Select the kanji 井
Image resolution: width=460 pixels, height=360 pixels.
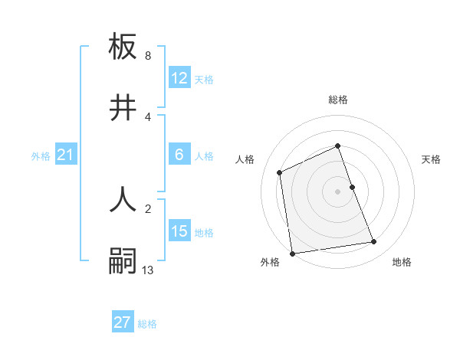click(x=123, y=108)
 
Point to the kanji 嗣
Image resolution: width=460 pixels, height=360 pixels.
click(x=123, y=260)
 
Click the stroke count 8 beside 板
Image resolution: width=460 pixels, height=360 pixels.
click(x=148, y=56)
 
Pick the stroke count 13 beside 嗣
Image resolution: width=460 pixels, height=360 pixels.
click(x=148, y=269)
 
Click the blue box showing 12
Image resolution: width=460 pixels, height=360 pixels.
click(x=179, y=78)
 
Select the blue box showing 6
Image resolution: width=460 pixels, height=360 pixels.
click(x=179, y=155)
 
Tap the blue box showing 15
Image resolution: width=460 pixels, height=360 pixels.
click(x=179, y=231)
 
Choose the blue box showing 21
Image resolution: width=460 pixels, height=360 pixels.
click(x=65, y=155)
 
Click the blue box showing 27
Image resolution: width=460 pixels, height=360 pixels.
click(x=123, y=322)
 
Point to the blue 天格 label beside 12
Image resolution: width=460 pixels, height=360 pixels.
click(x=204, y=79)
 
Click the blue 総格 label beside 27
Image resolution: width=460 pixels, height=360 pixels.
click(x=147, y=323)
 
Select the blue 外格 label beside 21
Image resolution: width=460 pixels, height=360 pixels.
click(x=41, y=156)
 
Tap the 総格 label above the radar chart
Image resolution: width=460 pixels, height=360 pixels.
click(x=338, y=100)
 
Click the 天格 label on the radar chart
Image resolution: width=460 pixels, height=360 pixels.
click(x=432, y=159)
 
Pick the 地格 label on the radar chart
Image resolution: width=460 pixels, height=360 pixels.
click(x=402, y=263)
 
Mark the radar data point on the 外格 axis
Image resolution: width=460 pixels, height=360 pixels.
click(x=292, y=254)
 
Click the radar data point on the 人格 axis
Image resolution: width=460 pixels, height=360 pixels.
click(x=280, y=172)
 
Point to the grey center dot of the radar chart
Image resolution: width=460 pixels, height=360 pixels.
click(x=338, y=191)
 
